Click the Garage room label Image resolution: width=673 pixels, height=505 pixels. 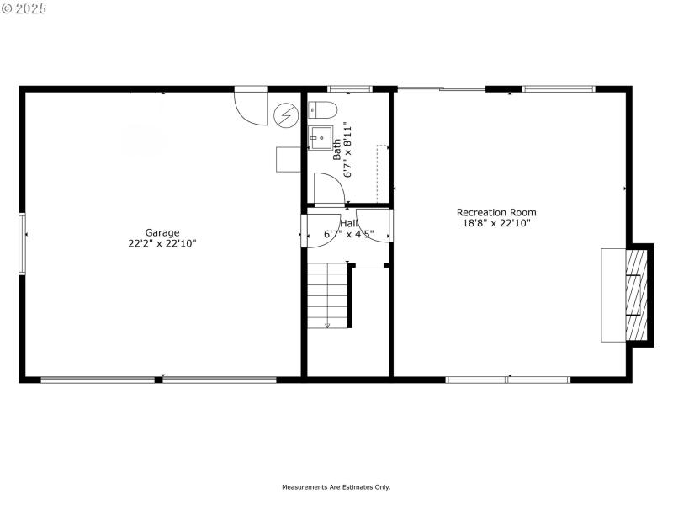(x=162, y=232)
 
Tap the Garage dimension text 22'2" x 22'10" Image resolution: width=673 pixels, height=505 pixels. (x=162, y=243)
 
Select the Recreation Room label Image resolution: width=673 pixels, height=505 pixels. (x=496, y=212)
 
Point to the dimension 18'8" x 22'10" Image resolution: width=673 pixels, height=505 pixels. (x=496, y=223)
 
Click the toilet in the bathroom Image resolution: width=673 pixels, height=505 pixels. (x=322, y=109)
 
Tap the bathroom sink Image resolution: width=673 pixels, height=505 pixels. (x=321, y=137)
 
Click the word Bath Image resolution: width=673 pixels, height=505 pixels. (x=337, y=149)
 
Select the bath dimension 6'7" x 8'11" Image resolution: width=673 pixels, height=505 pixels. (x=348, y=149)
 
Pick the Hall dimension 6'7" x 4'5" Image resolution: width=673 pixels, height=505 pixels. (x=348, y=234)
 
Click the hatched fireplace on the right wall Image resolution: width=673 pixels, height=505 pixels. (x=639, y=294)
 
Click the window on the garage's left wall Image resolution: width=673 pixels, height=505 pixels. (x=23, y=243)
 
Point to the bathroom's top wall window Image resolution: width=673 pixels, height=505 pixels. (x=349, y=88)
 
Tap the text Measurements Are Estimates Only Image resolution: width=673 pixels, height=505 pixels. (x=336, y=486)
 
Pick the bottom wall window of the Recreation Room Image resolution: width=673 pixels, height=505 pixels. (x=507, y=380)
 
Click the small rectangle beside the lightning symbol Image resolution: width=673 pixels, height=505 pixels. (x=289, y=159)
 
